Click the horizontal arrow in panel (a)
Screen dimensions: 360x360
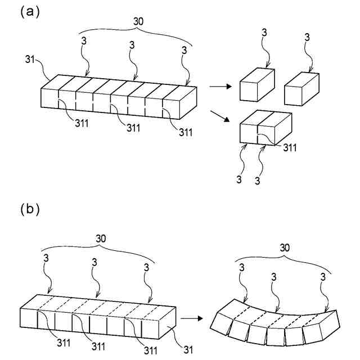tap(219, 87)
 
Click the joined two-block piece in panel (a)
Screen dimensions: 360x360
tap(265, 128)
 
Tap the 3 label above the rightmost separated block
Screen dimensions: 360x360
tap(307, 38)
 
